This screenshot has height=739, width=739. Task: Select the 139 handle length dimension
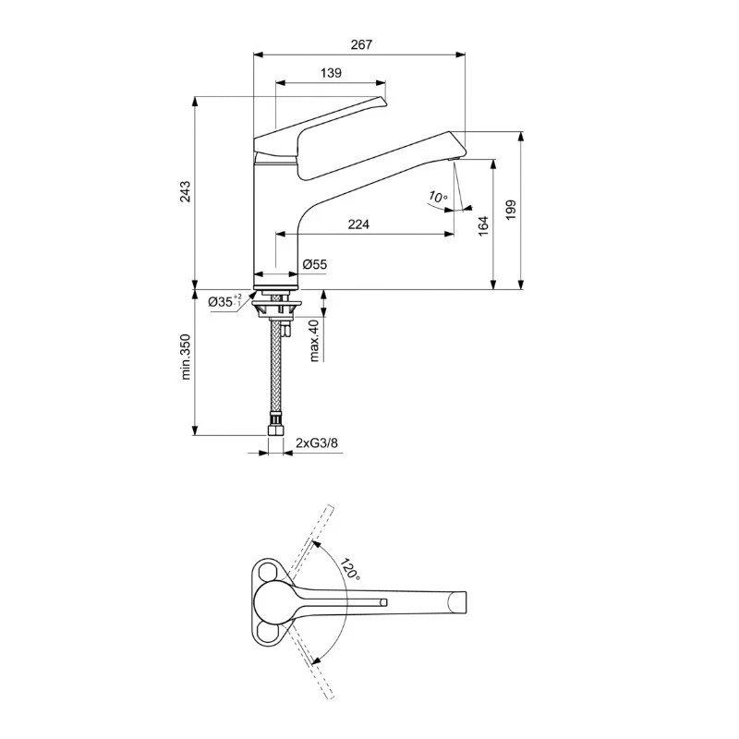click(x=332, y=72)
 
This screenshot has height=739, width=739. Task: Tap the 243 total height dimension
click(x=186, y=191)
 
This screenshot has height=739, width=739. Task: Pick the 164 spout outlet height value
click(x=483, y=226)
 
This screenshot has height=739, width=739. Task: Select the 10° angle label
click(x=438, y=197)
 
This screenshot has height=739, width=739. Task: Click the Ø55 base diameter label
click(x=315, y=265)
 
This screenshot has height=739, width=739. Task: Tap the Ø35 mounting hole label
click(x=224, y=302)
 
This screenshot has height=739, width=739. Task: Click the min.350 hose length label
click(x=186, y=357)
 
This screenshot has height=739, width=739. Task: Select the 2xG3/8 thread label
click(x=316, y=444)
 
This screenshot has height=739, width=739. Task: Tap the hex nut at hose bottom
click(x=274, y=429)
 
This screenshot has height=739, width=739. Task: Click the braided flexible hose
click(x=274, y=369)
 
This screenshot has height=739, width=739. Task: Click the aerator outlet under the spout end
click(x=454, y=160)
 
